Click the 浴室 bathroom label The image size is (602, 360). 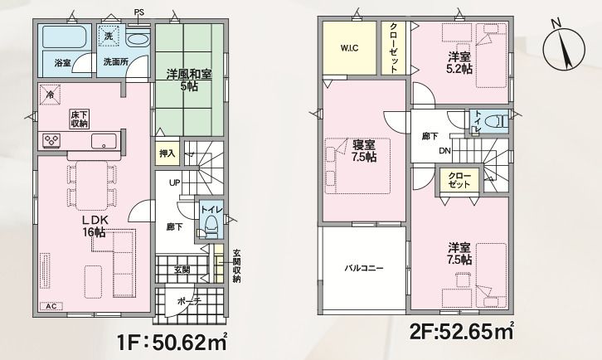pos(62,62)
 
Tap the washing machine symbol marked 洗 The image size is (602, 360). pos(109,36)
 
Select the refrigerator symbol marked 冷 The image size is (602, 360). pos(50,94)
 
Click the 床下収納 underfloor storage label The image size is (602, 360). pos(80,119)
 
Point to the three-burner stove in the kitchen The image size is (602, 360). pos(51,140)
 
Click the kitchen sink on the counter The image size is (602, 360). pos(104,141)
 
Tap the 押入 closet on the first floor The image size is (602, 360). pos(167,153)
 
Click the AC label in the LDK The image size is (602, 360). pos(51,306)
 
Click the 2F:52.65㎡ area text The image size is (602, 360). pos(462,332)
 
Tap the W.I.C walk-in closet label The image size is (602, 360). pos(349,48)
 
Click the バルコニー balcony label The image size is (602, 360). pos(363,268)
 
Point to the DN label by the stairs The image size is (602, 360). pos(445,151)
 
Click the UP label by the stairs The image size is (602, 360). pos(175,182)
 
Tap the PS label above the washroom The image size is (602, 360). pos(139,12)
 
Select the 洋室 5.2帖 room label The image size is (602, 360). pos(459,63)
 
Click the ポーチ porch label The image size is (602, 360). pos(190,301)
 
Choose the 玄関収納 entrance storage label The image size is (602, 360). pos(237,266)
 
